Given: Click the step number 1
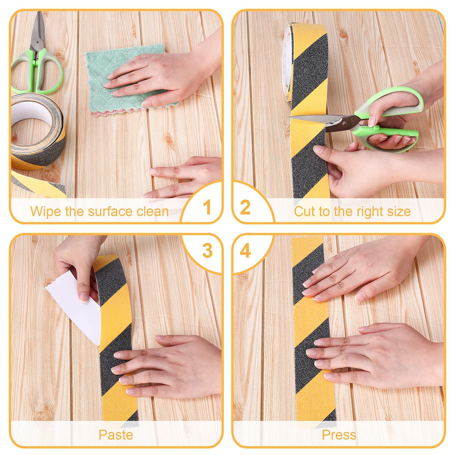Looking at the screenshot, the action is pos(208,207).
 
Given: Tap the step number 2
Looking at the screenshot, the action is pos(245,207).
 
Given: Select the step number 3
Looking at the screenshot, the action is pos(208,250).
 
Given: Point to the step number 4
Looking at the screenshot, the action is pos(245,250).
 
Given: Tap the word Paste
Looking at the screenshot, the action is pos(116,435).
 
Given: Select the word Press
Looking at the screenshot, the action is pos(339,435).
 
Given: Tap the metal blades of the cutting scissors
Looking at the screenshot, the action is pos(316,120).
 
